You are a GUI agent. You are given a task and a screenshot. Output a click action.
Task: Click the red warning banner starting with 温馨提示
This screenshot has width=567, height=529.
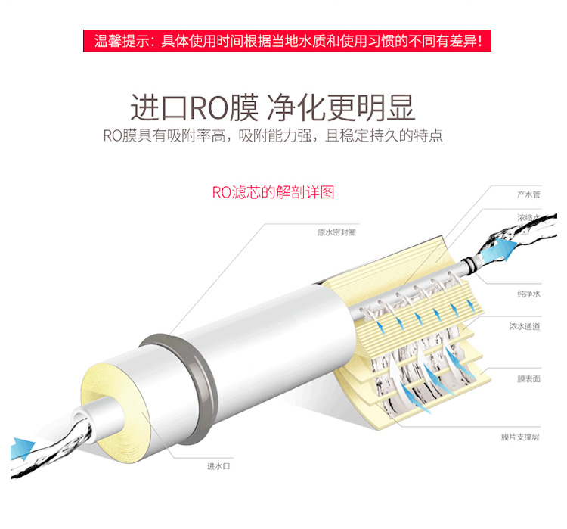coord(287,41)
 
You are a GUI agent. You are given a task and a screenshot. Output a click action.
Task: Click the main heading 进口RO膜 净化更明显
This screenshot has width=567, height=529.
coord(272,107)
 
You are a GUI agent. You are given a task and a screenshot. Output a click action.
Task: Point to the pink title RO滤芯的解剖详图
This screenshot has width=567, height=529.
coord(273,192)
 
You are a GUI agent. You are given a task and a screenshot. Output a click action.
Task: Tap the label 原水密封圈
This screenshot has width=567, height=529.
coord(336,232)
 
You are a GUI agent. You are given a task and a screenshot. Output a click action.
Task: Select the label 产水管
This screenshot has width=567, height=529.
coord(528,194)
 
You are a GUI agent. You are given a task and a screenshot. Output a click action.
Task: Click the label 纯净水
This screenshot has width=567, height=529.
coord(528,294)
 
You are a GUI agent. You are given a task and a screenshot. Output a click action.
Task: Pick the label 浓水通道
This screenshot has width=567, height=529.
coord(525,327)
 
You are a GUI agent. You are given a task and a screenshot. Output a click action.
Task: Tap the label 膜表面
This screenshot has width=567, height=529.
coord(528,379)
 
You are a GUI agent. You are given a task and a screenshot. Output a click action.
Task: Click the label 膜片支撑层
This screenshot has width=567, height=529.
coord(520,437)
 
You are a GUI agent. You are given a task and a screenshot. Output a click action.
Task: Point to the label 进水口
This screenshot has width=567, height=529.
coord(218,466)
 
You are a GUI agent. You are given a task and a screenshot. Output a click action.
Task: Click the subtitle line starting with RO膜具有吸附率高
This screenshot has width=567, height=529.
coord(273,135)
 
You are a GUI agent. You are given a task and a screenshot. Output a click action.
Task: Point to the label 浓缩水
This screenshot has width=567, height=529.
coord(528,218)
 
